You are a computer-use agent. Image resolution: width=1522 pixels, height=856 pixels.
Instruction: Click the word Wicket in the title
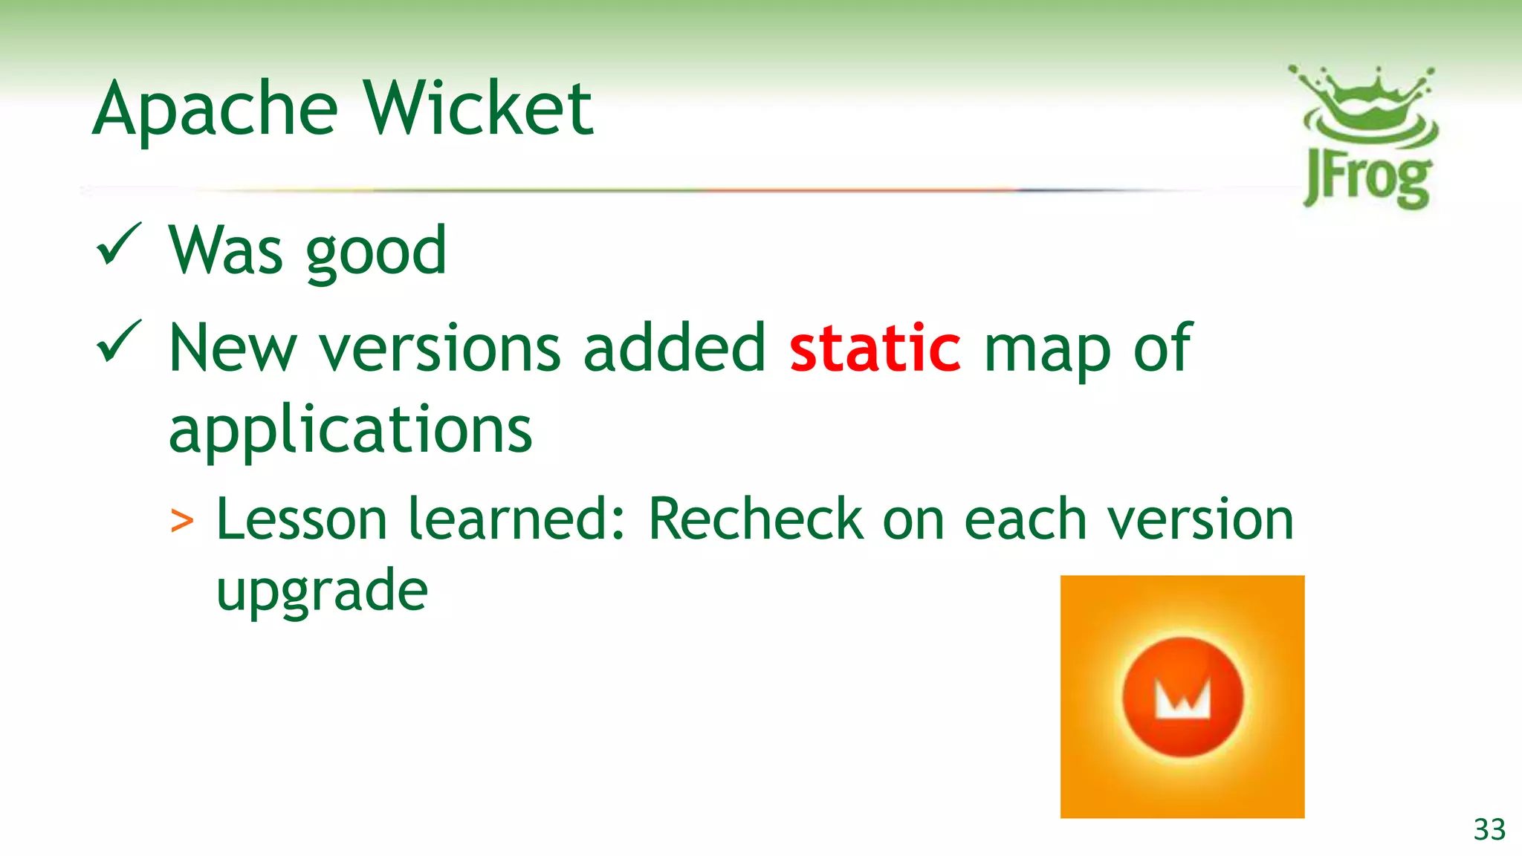pyautogui.click(x=479, y=110)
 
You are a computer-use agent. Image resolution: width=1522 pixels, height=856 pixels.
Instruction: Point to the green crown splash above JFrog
pyautogui.click(x=1364, y=104)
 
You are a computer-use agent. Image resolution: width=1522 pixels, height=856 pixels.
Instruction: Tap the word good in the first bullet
pyautogui.click(x=376, y=253)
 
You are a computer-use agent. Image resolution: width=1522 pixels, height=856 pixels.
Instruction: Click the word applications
pyautogui.click(x=350, y=431)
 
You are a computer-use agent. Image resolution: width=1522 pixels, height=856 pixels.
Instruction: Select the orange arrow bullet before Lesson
pyautogui.click(x=182, y=521)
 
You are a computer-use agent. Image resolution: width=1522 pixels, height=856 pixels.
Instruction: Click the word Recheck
pyautogui.click(x=755, y=519)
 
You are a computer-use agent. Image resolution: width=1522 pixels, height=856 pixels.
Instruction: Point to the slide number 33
pyautogui.click(x=1489, y=829)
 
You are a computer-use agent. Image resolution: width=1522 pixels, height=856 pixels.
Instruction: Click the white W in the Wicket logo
pyautogui.click(x=1182, y=698)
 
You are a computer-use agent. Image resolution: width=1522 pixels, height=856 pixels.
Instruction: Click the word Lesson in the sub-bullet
pyautogui.click(x=302, y=519)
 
